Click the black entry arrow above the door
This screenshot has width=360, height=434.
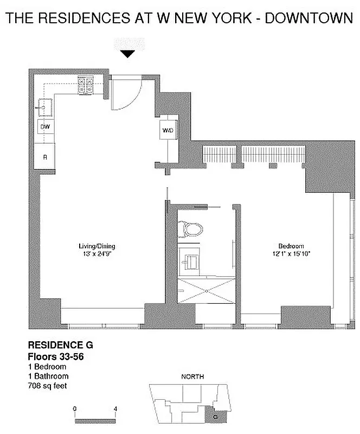pos(127,54)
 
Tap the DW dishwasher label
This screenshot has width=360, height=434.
pos(44,126)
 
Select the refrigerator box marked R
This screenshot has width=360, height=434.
pos(44,157)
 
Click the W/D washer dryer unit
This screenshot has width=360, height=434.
pos(167,130)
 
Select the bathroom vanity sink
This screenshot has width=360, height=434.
pos(191,261)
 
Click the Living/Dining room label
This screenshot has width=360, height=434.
pos(97,246)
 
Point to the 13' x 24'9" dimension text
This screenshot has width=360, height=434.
pos(97,253)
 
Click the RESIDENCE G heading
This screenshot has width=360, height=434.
pos(56,344)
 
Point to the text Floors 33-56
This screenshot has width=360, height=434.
pos(56,356)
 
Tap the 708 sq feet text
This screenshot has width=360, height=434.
pos(49,386)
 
